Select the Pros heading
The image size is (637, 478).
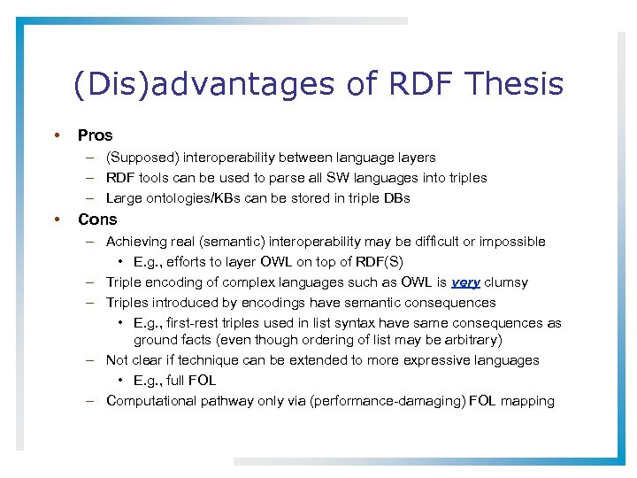point(95,135)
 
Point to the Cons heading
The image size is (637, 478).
point(97,220)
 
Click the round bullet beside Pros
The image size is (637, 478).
point(57,135)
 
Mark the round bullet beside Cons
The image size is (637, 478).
point(57,220)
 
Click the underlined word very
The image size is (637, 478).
point(465,282)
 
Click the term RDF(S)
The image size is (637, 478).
point(384,262)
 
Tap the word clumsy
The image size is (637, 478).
point(506,282)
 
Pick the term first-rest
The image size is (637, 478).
point(194,323)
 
